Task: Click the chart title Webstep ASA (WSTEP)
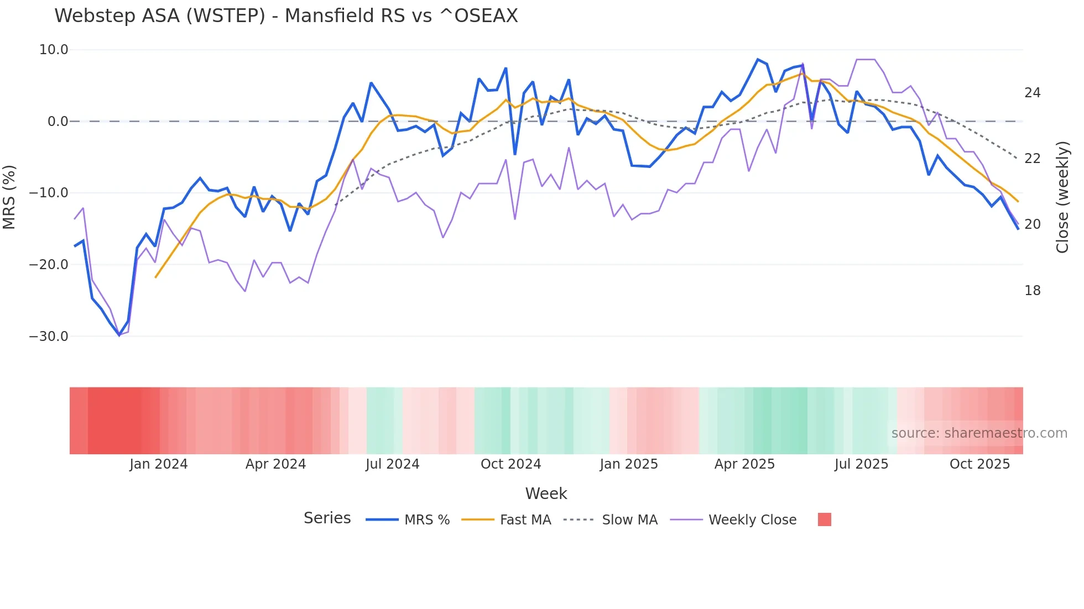pos(286,16)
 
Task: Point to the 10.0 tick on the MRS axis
pos(54,50)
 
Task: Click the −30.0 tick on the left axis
pos(49,336)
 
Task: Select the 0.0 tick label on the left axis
pos(58,122)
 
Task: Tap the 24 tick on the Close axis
pos(1032,93)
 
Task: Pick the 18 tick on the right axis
pos(1032,291)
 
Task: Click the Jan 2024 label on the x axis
pos(159,464)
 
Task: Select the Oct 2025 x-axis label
pos(979,464)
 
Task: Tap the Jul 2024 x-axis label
pos(392,464)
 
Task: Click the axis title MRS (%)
pos(9,197)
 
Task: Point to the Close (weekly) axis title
pos(1062,197)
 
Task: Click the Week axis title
pos(546,494)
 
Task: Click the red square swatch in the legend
pos(824,519)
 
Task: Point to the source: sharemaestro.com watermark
pos(979,433)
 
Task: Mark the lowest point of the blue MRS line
pos(119,335)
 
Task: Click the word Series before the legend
pos(327,518)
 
